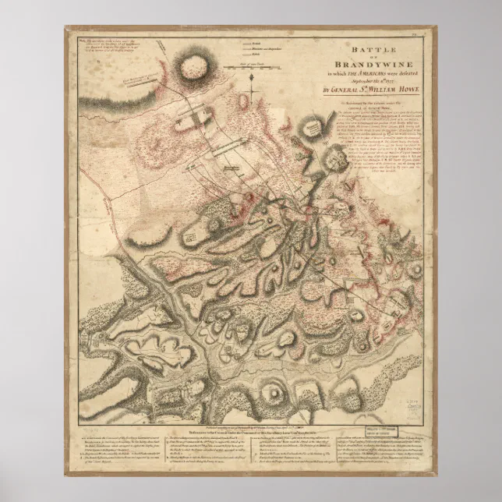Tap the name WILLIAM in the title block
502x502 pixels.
click(352, 90)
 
